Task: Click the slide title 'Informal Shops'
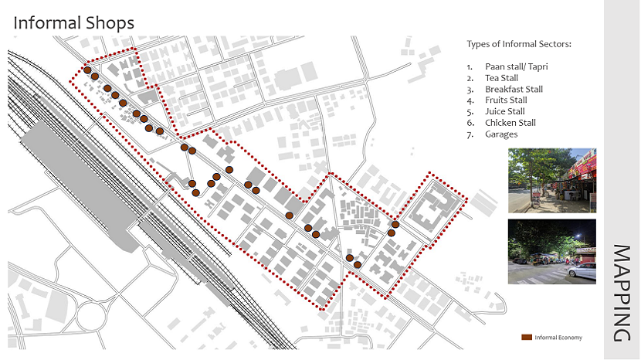tap(74, 22)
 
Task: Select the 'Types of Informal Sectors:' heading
tap(519, 44)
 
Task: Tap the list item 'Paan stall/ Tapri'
tap(516, 67)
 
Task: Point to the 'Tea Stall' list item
tap(501, 78)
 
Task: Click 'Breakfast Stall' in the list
tap(514, 90)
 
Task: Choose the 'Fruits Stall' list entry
tap(506, 100)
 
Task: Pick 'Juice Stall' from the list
tap(504, 112)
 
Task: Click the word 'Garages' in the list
tap(501, 134)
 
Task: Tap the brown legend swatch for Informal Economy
tap(527, 338)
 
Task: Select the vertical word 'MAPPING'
tap(622, 293)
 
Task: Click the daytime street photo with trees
tap(552, 180)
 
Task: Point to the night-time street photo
tap(552, 251)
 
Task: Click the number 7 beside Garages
tap(470, 134)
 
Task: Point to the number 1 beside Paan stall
tap(470, 67)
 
